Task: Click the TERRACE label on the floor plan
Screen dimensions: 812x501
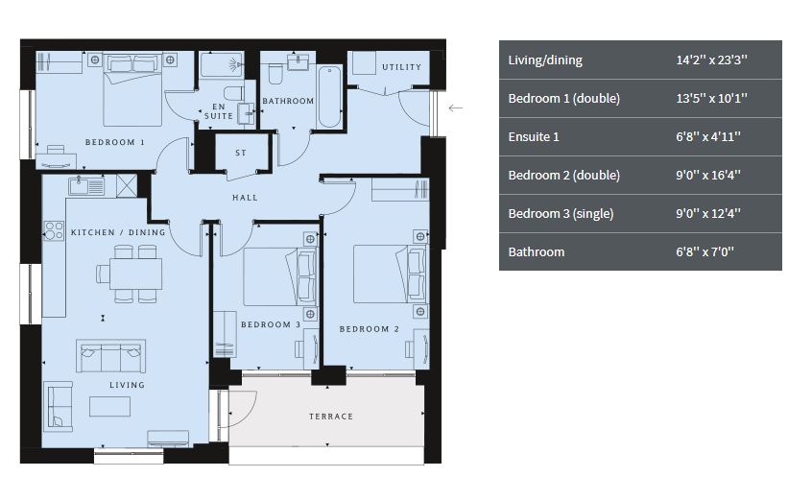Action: [331, 416]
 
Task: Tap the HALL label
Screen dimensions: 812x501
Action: [245, 198]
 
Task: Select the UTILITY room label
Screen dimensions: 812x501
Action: [401, 67]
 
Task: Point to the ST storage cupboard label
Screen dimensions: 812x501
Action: [241, 153]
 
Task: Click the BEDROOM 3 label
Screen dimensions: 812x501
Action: [271, 324]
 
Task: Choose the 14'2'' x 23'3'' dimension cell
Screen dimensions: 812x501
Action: [711, 60]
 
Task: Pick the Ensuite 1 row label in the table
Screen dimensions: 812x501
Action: [534, 137]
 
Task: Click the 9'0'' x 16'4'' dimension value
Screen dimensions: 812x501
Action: [708, 175]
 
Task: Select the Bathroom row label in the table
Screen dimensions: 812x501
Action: [536, 252]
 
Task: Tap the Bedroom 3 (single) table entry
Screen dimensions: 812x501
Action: [561, 213]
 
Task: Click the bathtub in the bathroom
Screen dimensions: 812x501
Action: [329, 96]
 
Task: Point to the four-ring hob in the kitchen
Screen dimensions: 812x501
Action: [54, 231]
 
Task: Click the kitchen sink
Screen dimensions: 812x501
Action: [86, 186]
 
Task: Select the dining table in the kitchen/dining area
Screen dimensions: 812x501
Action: [135, 274]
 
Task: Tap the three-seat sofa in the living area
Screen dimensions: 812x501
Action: [110, 356]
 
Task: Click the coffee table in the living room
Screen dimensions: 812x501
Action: [109, 407]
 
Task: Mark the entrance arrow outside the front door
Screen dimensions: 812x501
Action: [455, 108]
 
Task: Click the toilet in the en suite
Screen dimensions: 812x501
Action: [233, 93]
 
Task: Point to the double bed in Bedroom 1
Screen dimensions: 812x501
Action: [132, 89]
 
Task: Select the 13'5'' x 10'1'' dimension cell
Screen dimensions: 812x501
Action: [711, 99]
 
